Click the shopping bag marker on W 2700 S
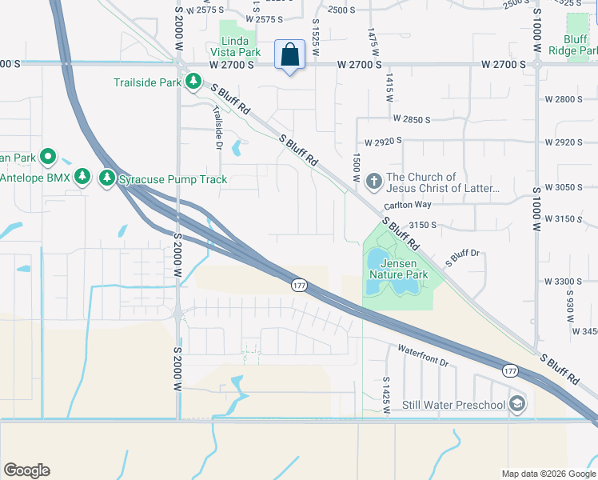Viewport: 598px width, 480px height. (289, 55)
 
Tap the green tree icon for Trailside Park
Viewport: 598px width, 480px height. (193, 81)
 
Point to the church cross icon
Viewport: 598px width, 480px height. (373, 182)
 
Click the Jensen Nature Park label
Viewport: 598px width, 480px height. (404, 269)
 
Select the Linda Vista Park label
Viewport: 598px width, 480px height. (241, 46)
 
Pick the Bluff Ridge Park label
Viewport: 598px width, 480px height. (573, 44)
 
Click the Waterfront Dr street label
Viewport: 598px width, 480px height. (423, 355)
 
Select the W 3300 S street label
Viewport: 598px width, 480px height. (564, 282)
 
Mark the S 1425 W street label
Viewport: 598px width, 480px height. (385, 395)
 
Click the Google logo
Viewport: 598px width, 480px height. (26, 470)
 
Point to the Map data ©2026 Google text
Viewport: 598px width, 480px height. (548, 474)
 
